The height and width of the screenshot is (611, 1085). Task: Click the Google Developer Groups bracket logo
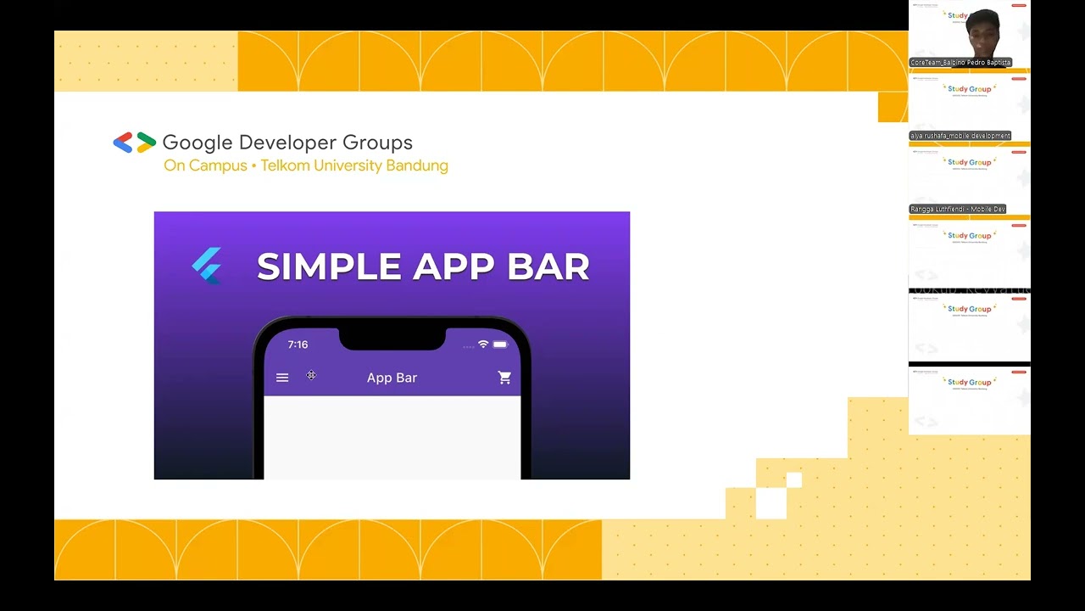point(134,143)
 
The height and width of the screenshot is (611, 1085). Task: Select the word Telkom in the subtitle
point(287,165)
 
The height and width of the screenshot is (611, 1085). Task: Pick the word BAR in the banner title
point(548,266)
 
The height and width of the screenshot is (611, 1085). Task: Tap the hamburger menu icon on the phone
point(282,378)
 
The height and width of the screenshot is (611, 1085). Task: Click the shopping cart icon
point(504,378)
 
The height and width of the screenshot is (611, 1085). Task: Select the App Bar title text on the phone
point(392,378)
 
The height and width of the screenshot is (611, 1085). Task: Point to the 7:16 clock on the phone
point(298,345)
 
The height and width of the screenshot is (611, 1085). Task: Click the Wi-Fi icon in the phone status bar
point(483,345)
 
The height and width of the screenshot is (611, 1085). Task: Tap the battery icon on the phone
point(500,345)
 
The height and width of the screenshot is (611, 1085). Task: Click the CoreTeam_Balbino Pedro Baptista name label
point(960,63)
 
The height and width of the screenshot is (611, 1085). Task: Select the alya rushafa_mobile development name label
point(960,136)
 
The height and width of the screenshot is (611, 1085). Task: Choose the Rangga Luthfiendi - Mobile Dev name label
point(958,209)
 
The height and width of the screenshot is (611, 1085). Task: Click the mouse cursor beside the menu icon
point(311,375)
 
